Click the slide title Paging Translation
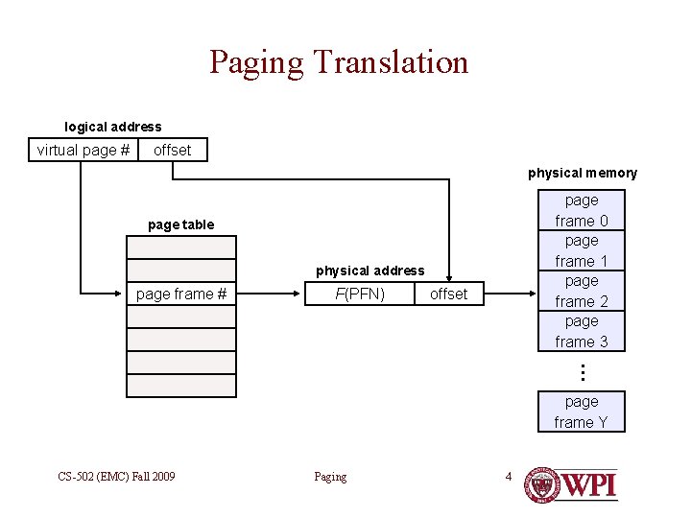coord(339,62)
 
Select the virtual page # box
coord(83,151)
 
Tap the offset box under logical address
coord(172,151)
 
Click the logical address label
coord(113,127)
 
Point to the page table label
coord(181,224)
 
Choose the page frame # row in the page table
coord(181,294)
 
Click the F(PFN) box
coord(360,294)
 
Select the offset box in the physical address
coord(448,294)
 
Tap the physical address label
coord(370,271)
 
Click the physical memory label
coord(583,173)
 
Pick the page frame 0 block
coord(582,210)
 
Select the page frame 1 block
coord(582,250)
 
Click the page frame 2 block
coord(582,291)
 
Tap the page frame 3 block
coord(582,331)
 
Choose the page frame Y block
coord(582,412)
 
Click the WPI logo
coord(572,483)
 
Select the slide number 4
coord(509,476)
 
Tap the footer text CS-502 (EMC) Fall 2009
coord(116,476)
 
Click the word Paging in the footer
coord(330,477)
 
